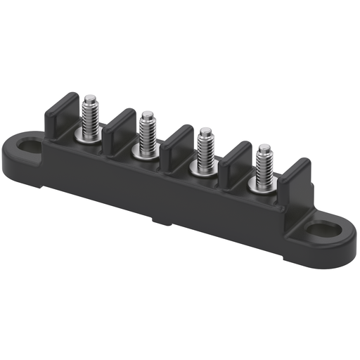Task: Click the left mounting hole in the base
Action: tap(30, 148)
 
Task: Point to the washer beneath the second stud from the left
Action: tap(146, 152)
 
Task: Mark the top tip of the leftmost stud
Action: tap(90, 97)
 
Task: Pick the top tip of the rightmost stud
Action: tap(264, 148)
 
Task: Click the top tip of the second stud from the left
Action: tap(148, 114)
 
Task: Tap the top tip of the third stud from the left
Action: tap(205, 131)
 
